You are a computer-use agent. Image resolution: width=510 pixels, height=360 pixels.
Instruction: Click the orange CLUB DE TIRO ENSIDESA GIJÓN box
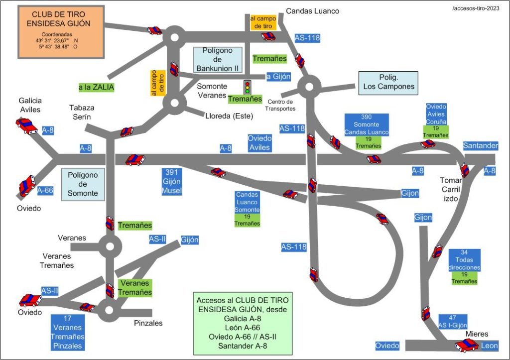[61, 32]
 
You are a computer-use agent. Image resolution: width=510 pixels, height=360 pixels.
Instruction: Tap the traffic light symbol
[247, 87]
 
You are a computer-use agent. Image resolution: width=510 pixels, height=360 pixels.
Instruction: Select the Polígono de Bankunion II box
[218, 60]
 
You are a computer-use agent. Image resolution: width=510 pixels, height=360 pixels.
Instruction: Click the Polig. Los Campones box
[388, 83]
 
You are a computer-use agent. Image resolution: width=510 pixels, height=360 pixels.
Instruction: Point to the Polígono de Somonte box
[83, 184]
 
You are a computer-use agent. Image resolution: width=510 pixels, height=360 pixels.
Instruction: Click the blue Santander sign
[481, 146]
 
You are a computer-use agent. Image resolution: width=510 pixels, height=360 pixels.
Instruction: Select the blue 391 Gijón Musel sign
[172, 181]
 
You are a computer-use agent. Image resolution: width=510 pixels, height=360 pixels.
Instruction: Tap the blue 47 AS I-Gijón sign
[452, 321]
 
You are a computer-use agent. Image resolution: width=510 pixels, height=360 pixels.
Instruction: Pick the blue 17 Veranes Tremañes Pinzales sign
[68, 332]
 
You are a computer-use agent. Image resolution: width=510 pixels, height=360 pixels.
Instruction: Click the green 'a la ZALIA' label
[97, 88]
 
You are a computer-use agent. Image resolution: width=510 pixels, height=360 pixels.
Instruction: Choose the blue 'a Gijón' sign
[278, 77]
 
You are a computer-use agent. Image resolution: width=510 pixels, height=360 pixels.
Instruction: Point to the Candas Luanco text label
[313, 11]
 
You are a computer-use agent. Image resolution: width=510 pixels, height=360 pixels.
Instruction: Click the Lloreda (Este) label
[229, 116]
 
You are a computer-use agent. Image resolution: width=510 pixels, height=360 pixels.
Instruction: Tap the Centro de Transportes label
[280, 105]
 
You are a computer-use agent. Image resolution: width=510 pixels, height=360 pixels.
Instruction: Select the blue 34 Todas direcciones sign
[464, 260]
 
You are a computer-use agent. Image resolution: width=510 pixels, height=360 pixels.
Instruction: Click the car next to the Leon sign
[467, 346]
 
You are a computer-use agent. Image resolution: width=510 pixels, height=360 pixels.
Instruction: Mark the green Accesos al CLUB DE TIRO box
[243, 323]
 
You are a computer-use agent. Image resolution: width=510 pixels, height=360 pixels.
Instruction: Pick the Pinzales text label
[148, 323]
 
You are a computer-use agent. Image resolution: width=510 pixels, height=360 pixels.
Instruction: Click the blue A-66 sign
[45, 191]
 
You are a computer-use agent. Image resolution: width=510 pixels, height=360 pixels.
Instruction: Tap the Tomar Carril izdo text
[451, 189]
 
